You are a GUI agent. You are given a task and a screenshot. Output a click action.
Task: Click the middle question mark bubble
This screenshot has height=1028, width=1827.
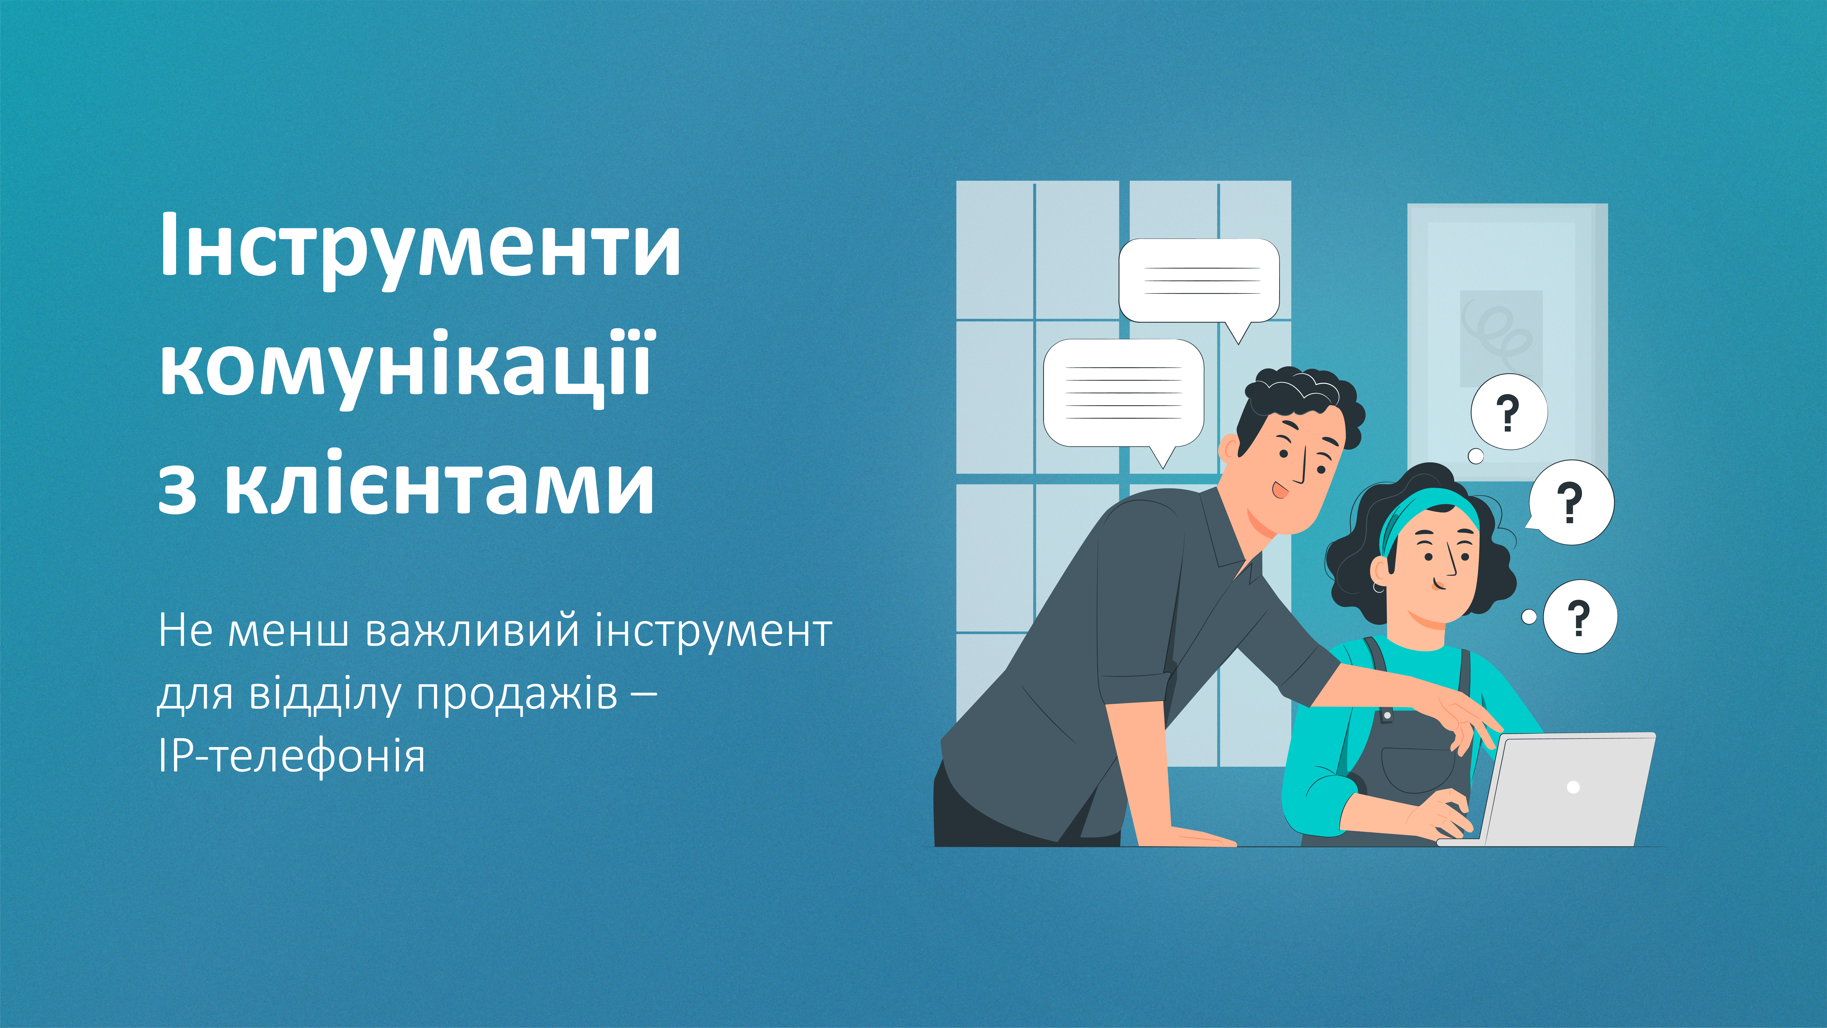pyautogui.click(x=1570, y=502)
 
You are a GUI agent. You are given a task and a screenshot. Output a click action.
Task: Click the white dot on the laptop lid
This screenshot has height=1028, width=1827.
pyautogui.click(x=1573, y=787)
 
